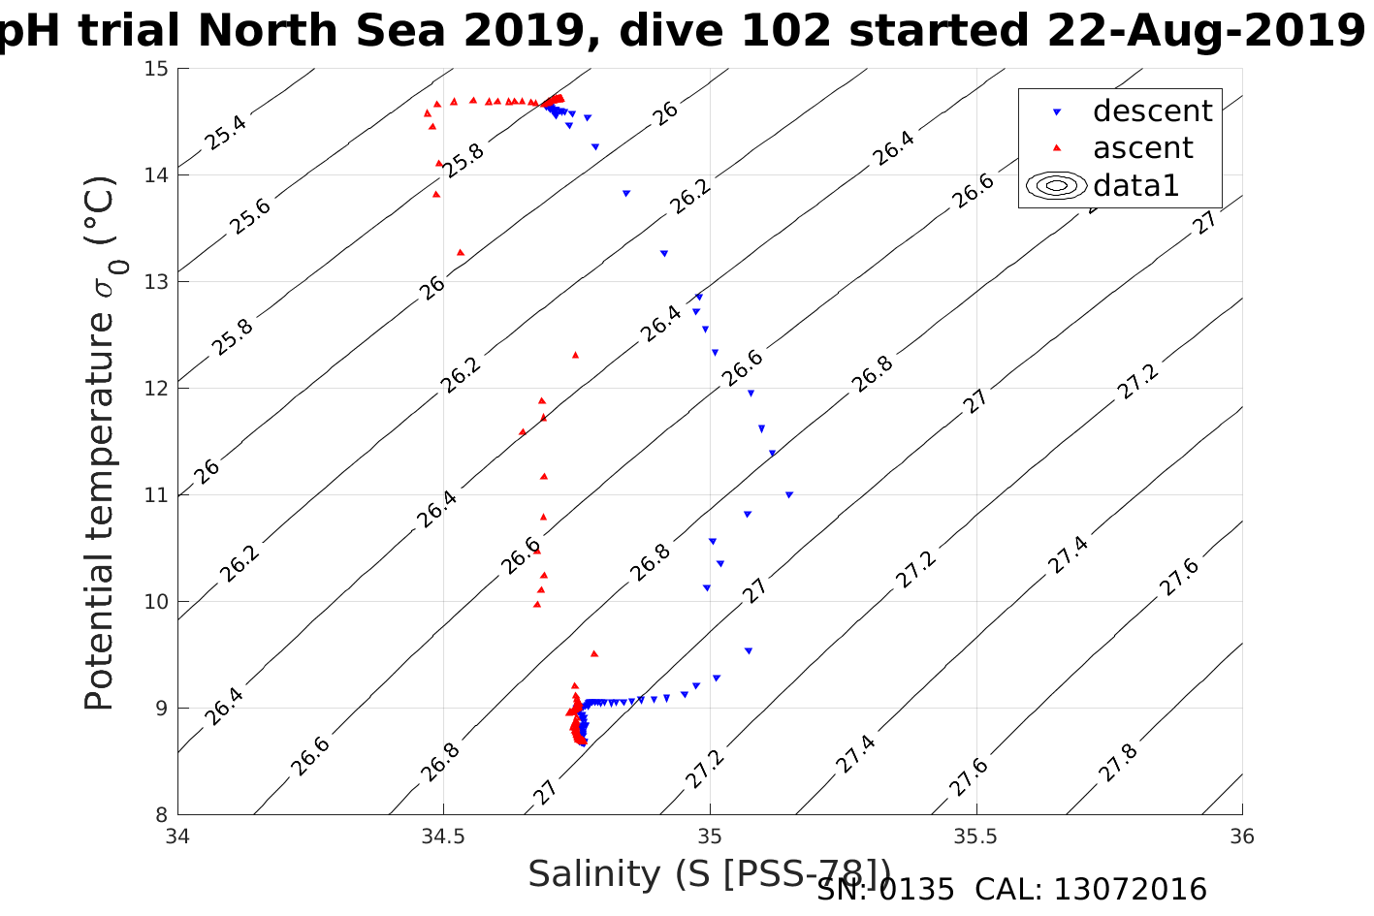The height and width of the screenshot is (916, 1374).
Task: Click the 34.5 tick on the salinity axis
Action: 444,836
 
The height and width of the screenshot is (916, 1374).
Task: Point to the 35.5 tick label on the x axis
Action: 975,836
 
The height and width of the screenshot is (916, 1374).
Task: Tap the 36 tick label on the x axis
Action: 1241,836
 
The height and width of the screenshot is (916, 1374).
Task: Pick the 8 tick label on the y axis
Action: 162,815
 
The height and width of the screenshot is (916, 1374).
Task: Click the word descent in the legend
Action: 1152,111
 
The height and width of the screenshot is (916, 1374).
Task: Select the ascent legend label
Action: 1142,148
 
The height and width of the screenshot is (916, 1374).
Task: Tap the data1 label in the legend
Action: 1135,185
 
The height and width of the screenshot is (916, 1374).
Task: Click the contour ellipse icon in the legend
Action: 1056,185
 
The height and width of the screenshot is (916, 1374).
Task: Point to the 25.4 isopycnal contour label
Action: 226,133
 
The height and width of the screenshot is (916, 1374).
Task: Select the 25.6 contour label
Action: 250,217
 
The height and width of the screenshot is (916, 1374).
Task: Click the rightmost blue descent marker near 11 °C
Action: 789,495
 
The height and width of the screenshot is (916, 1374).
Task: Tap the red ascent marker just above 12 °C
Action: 575,355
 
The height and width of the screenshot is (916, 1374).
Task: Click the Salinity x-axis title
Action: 708,874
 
